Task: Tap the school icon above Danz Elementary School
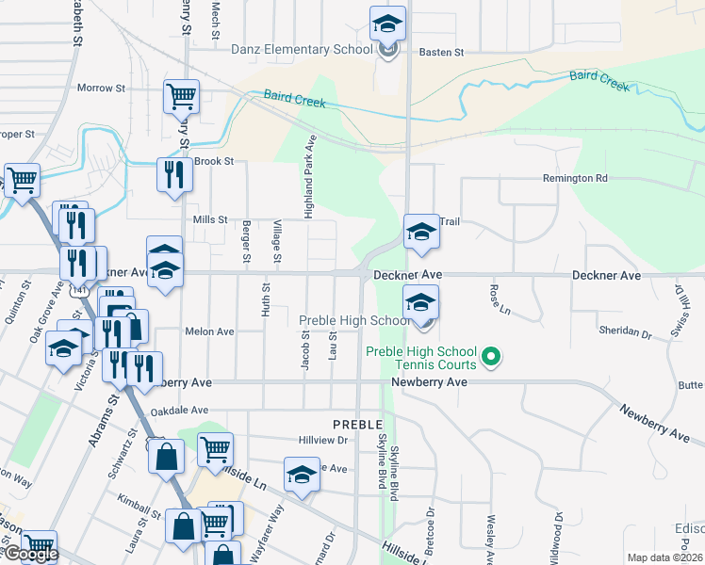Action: tap(387, 24)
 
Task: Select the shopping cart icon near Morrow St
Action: tap(181, 95)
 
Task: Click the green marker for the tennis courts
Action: tap(490, 356)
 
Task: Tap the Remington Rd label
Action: tap(575, 178)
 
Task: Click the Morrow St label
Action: tap(101, 89)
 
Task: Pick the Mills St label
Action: tap(210, 219)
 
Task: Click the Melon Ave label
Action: tap(209, 331)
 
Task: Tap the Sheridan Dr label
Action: tap(625, 332)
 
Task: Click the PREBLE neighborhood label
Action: tap(357, 425)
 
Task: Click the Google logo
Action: tap(29, 555)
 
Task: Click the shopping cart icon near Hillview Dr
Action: tap(216, 449)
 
